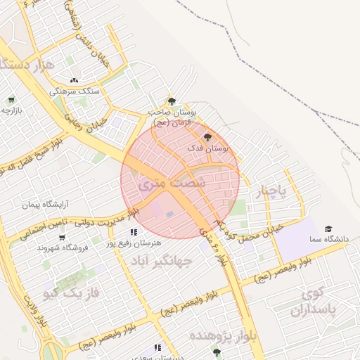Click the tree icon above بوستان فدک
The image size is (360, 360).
click(x=207, y=137)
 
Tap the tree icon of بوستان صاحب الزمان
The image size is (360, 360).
click(x=172, y=102)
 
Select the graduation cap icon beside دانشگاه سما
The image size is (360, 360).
click(x=328, y=229)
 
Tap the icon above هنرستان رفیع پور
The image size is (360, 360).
click(x=133, y=232)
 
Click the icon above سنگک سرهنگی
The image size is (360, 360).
click(x=74, y=80)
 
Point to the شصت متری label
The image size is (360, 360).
click(x=162, y=182)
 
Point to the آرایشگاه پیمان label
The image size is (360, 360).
click(x=49, y=205)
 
